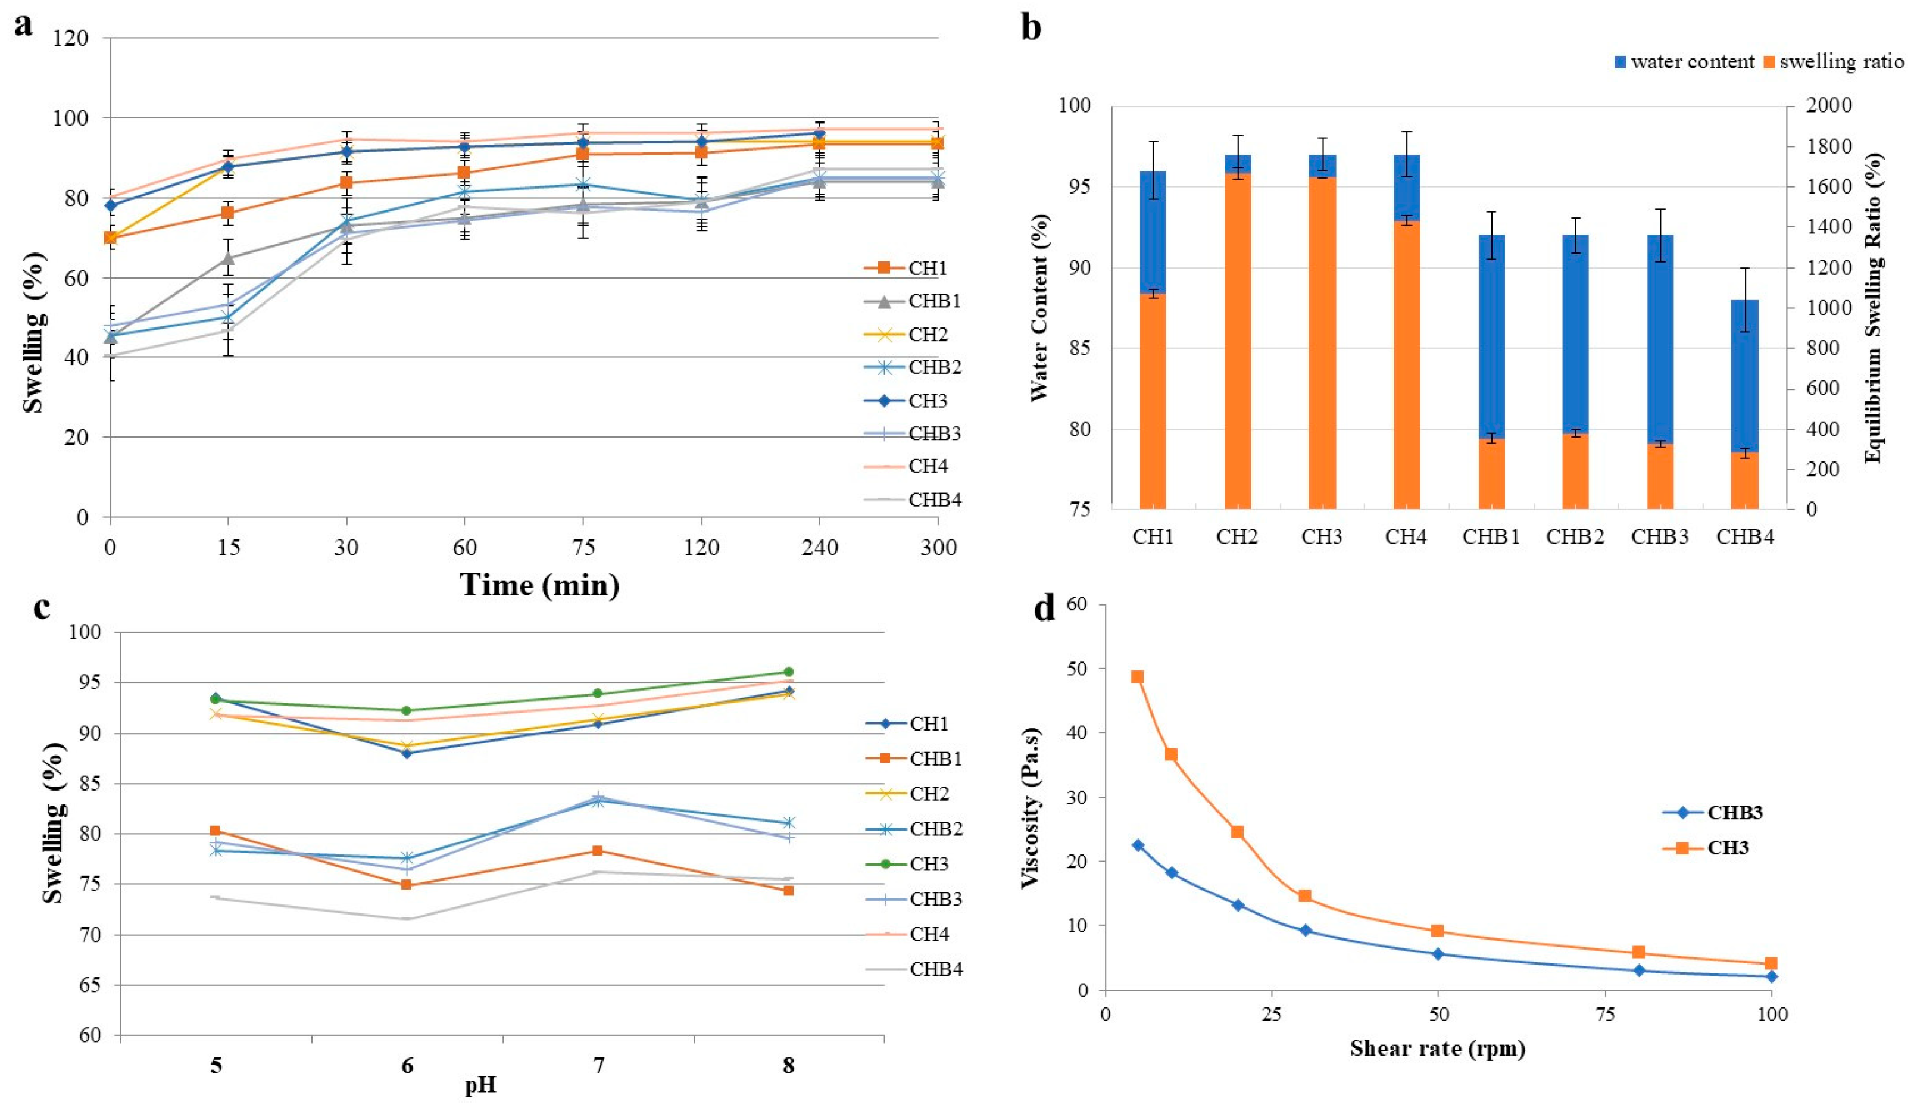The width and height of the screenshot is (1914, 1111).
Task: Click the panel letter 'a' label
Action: point(24,25)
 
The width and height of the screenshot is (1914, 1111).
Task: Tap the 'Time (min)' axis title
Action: point(540,585)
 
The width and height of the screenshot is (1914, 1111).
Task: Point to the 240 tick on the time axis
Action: point(820,547)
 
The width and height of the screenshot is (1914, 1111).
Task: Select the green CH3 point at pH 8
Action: point(788,672)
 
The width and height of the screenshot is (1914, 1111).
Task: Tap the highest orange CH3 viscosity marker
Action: point(1137,676)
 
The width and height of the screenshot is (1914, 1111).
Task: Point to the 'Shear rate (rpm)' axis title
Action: point(1438,1048)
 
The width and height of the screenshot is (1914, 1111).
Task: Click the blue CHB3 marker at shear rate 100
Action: point(1771,976)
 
